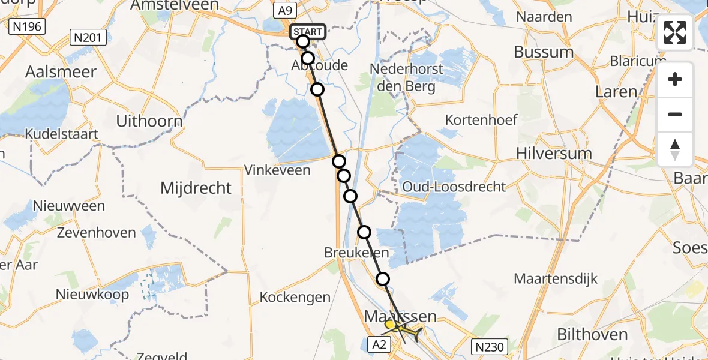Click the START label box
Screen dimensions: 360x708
point(308,31)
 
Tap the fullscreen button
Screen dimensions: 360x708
point(675,32)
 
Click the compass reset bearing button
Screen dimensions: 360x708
point(675,149)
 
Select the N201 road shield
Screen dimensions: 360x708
point(88,38)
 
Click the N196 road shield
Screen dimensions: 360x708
point(28,26)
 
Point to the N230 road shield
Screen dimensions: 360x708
point(490,346)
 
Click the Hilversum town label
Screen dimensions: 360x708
point(554,154)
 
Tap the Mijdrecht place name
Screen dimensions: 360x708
point(196,188)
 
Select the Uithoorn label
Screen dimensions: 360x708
point(149,121)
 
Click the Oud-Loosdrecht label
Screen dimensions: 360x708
point(454,187)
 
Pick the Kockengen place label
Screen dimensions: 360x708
point(295,297)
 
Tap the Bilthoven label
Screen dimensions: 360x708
point(593,335)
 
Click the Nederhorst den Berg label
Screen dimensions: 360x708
point(407,77)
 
